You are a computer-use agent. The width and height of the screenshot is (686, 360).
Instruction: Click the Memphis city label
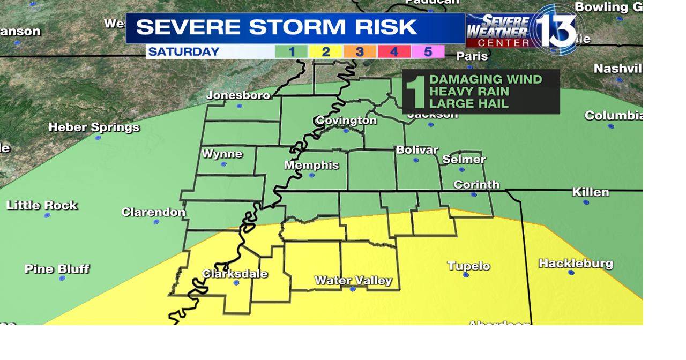pos(311,165)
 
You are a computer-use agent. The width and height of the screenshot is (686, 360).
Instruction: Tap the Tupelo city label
pos(469,266)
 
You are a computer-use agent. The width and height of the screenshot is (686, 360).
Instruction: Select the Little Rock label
pos(42,205)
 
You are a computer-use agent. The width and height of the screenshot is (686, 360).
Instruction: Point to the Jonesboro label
pos(238,95)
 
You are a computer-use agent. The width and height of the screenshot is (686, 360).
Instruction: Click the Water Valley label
pos(353,280)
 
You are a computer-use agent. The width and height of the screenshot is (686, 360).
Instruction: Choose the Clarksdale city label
pos(235,274)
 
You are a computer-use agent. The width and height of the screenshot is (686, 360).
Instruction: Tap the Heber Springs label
pos(94,127)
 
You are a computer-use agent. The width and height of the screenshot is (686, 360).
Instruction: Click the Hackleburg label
pos(576,264)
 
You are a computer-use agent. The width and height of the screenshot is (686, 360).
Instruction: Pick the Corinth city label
pos(476,185)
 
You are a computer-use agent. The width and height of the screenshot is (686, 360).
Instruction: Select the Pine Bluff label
pos(57,269)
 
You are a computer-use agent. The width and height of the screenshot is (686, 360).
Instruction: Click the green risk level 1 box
pos(291,52)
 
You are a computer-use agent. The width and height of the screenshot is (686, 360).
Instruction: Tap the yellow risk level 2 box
pos(325,52)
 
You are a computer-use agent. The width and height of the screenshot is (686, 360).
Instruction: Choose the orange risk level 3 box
pos(360,52)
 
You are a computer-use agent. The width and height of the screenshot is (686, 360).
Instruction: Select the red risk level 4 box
pos(394,52)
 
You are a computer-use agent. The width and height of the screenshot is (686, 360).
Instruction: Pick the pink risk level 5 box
pos(428,52)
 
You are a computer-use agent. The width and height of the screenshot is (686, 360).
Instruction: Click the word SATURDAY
pos(184,52)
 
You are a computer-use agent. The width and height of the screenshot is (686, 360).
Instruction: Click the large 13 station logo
pos(555,29)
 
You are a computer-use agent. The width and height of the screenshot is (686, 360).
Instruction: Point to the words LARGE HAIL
pos(469,104)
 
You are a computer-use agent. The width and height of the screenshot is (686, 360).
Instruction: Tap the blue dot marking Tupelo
pos(466,275)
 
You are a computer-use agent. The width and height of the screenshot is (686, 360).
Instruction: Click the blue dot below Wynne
pos(223,164)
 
